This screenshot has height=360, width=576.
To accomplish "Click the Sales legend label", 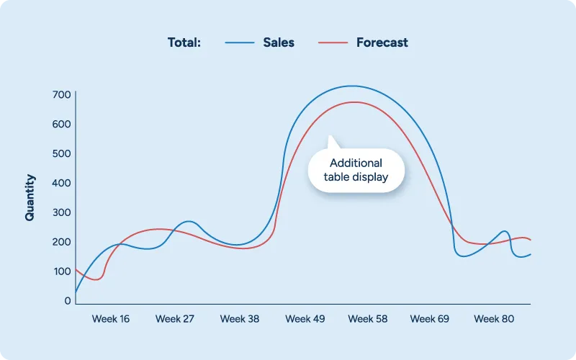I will [x=279, y=42].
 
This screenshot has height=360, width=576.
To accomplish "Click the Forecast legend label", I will [x=382, y=42].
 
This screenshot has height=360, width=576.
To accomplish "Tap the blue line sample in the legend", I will [x=240, y=42].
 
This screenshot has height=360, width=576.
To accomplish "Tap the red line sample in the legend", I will [x=333, y=42].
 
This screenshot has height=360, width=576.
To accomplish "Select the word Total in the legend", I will [x=184, y=42].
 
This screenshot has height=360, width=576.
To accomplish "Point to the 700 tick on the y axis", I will [x=61, y=95].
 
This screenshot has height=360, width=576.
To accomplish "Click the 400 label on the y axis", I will [x=61, y=183].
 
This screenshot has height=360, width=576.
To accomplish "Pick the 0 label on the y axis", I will [x=67, y=301].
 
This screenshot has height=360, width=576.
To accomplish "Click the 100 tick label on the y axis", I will [x=61, y=271].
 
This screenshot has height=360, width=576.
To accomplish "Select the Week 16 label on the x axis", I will [x=111, y=318].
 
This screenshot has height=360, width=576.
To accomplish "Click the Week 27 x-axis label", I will [x=174, y=318].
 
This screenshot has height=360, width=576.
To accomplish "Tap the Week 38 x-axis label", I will [x=240, y=318].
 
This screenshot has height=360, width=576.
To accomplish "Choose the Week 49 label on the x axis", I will [x=305, y=318].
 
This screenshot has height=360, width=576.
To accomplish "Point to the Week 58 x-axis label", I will [x=367, y=318].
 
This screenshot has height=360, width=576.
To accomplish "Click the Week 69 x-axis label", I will [x=430, y=318].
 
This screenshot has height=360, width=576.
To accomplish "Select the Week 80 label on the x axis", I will [x=494, y=318].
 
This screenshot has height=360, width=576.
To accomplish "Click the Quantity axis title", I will [x=30, y=197].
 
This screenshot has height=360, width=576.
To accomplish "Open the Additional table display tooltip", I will [x=356, y=170].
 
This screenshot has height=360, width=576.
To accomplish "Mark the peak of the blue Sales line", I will [x=351, y=86].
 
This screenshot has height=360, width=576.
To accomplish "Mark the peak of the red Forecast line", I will [x=354, y=102].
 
